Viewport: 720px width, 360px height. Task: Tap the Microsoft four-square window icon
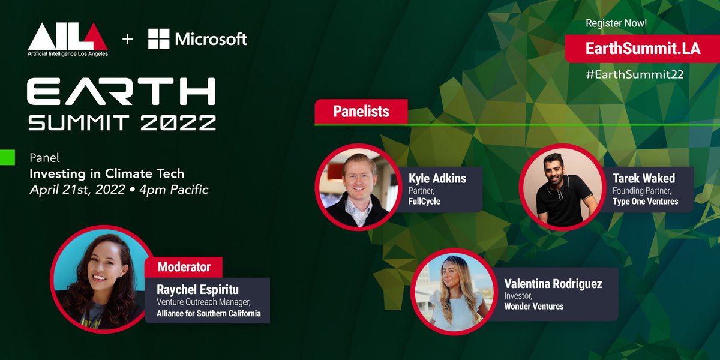pyautogui.click(x=158, y=39)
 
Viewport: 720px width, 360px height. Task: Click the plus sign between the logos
pyautogui.click(x=127, y=40)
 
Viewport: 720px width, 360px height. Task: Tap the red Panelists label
pyautogui.click(x=361, y=112)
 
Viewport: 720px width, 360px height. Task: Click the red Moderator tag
pyautogui.click(x=184, y=266)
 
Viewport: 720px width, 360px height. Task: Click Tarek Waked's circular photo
pyautogui.click(x=562, y=186)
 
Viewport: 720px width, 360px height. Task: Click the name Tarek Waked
pyautogui.click(x=643, y=178)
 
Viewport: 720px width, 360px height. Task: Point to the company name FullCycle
pyautogui.click(x=424, y=202)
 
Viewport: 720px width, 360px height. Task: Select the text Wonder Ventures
pyautogui.click(x=534, y=307)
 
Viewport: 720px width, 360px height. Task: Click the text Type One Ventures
pyautogui.click(x=645, y=202)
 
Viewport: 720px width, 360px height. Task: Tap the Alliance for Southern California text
pyautogui.click(x=208, y=313)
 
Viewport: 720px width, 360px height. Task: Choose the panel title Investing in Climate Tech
pyautogui.click(x=107, y=174)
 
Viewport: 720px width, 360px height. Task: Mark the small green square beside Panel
pyautogui.click(x=7, y=158)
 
